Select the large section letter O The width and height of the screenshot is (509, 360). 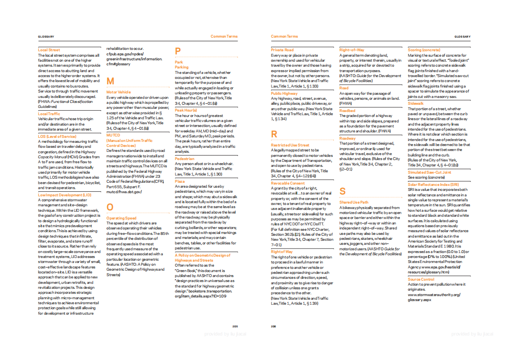pyautogui.click(x=110, y=208)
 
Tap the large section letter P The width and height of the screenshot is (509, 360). pyautogui.click(x=178, y=52)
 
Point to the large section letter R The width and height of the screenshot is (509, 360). pyautogui.click(x=274, y=134)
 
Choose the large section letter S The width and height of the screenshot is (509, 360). pyautogui.click(x=342, y=191)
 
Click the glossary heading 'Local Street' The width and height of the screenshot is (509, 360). pyautogui.click(x=48, y=50)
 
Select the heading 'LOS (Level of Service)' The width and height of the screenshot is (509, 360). pyautogui.click(x=57, y=136)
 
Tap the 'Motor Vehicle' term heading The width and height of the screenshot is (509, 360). pyautogui.click(x=118, y=92)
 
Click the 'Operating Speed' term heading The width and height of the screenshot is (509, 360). pyautogui.click(x=121, y=218)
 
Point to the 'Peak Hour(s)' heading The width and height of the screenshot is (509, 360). pyautogui.click(x=185, y=110)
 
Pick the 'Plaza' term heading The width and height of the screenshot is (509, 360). pyautogui.click(x=180, y=181)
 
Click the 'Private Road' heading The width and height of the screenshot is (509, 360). pyautogui.click(x=282, y=50)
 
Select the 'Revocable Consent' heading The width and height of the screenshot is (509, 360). pyautogui.click(x=288, y=183)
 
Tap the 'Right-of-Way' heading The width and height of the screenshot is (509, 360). pyautogui.click(x=352, y=49)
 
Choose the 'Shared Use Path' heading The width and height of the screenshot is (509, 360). pyautogui.click(x=354, y=202)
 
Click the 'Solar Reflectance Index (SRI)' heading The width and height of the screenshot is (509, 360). pyautogui.click(x=433, y=185)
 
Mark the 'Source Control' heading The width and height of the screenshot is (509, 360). pyautogui.click(x=421, y=279)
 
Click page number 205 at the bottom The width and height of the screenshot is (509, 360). pyautogui.click(x=235, y=326)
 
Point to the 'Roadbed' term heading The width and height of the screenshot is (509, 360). pyautogui.click(x=347, y=111)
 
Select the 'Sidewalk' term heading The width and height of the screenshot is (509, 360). pyautogui.click(x=416, y=103)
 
